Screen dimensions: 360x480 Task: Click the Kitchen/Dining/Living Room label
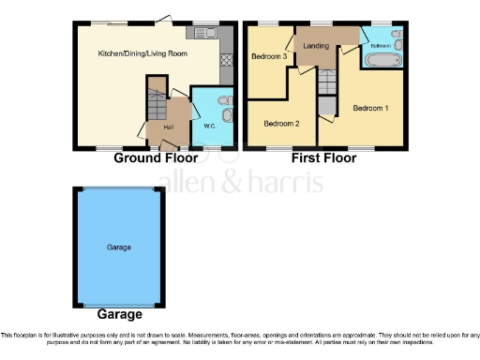click(142, 53)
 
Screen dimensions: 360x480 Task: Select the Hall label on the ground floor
click(169, 127)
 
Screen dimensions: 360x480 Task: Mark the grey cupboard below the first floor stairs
click(325, 105)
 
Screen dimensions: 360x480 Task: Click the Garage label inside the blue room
click(118, 247)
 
